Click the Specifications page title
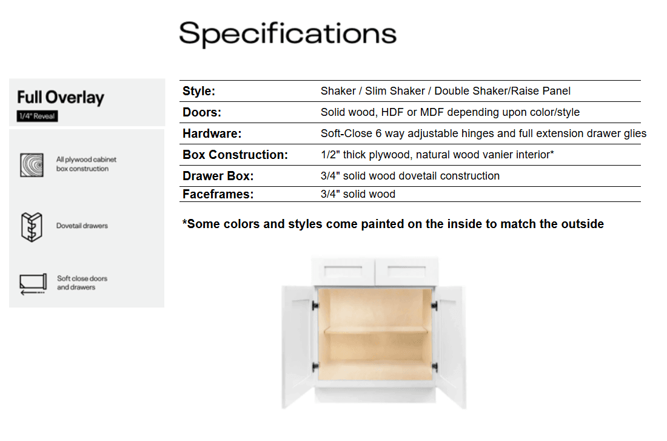pyautogui.click(x=287, y=34)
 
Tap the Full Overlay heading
pyautogui.click(x=61, y=98)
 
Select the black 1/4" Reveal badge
pyautogui.click(x=38, y=116)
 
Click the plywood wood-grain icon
pyautogui.click(x=32, y=165)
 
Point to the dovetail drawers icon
pyautogui.click(x=32, y=227)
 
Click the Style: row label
pyautogui.click(x=199, y=91)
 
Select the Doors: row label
pyautogui.click(x=202, y=112)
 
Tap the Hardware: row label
pyautogui.click(x=212, y=133)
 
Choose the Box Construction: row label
pyautogui.click(x=235, y=155)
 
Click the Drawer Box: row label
pyautogui.click(x=218, y=177)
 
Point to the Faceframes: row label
pyautogui.click(x=218, y=194)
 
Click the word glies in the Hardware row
pyautogui.click(x=635, y=133)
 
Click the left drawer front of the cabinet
pyautogui.click(x=343, y=271)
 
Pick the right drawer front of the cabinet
pyautogui.click(x=407, y=271)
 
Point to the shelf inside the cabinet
pyautogui.click(x=376, y=330)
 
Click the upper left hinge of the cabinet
pyautogui.click(x=315, y=306)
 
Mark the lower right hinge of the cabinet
pyautogui.click(x=435, y=367)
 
